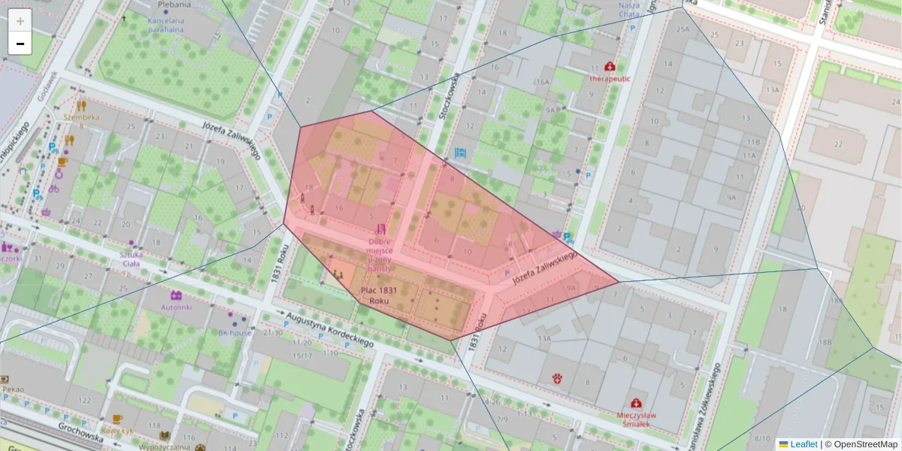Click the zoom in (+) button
(20, 20)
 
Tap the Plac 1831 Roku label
(379, 295)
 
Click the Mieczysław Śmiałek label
(637, 419)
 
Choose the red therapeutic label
(610, 77)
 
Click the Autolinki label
(177, 307)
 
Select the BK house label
(235, 331)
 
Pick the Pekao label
(14, 389)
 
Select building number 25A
(682, 29)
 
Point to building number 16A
(542, 81)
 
